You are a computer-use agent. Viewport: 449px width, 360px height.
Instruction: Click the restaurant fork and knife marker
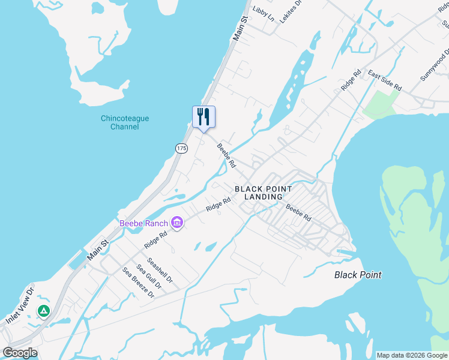pos(203,116)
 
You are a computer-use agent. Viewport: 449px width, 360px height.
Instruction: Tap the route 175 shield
pos(182,148)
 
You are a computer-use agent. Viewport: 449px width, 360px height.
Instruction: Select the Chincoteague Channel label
pos(125,122)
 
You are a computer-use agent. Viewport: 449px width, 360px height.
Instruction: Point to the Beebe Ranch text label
pos(145,224)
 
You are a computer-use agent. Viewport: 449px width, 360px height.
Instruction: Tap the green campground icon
pos(43,311)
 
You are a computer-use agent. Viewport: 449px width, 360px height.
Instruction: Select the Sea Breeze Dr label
pos(139,283)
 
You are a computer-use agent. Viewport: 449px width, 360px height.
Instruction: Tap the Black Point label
pos(358,275)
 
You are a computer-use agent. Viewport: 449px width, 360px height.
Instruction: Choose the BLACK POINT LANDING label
pos(264,193)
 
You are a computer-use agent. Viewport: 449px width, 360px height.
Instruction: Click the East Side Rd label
pos(384,82)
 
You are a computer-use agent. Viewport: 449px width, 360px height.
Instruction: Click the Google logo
pos(20,352)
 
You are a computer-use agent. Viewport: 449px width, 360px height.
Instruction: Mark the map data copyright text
pos(412,355)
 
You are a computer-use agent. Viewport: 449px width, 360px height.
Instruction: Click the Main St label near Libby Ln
pos(240,29)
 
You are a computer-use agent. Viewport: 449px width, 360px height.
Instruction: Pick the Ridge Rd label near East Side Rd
pos(351,80)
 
